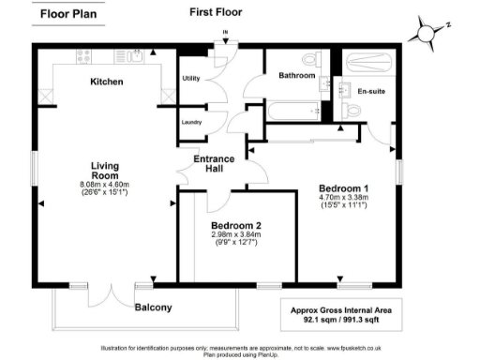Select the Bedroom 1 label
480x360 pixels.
tap(345, 187)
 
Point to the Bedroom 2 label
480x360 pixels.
tap(235, 226)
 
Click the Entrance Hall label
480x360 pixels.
tap(214, 164)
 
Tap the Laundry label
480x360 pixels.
tap(191, 123)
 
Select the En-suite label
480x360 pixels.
tap(373, 92)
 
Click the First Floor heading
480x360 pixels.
tap(215, 13)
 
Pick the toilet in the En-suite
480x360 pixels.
tap(352, 110)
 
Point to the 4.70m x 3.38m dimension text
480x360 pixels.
tap(345, 198)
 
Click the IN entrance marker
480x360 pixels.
tap(225, 34)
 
